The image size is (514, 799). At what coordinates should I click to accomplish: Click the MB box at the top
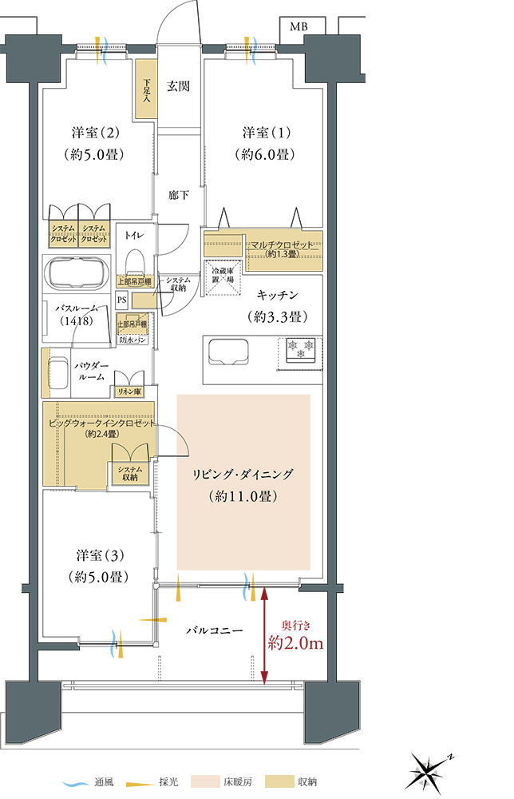pos(298,27)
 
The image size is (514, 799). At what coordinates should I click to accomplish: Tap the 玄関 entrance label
pos(178,87)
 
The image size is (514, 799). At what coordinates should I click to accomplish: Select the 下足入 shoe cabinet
pos(146,89)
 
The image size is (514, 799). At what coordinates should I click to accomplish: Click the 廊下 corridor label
pos(178,195)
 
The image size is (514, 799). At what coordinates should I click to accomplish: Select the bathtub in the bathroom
pos(78,275)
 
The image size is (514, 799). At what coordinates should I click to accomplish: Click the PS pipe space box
pos(121,300)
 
